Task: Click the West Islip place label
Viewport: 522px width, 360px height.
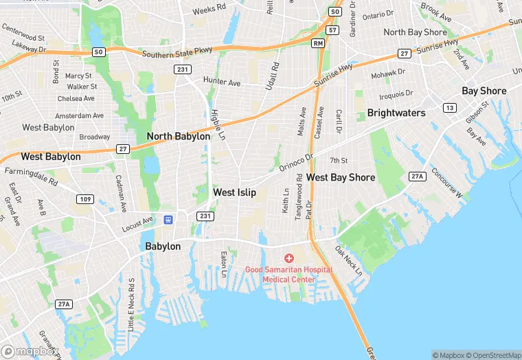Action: click(x=234, y=193)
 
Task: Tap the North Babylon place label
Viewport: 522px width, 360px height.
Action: click(x=179, y=137)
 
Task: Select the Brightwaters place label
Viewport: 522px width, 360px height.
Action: click(x=396, y=113)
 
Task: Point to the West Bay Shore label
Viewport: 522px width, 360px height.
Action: click(x=341, y=178)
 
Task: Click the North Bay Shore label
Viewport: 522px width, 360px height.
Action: click(x=415, y=32)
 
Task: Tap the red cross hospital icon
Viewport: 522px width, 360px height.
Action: click(x=289, y=258)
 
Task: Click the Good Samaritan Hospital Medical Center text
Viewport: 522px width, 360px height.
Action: click(x=288, y=275)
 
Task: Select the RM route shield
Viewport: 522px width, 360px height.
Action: click(x=317, y=43)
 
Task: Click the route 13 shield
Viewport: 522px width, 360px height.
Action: click(x=449, y=108)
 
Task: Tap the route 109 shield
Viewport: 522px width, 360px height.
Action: click(x=85, y=199)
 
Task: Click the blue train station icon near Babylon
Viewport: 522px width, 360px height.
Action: click(x=168, y=220)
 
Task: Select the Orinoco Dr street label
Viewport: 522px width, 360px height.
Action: click(x=296, y=163)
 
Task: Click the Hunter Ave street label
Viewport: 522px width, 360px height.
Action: click(x=222, y=82)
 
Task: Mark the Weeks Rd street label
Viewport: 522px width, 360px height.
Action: click(x=209, y=10)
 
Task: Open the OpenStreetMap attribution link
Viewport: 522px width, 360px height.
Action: click(x=493, y=355)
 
